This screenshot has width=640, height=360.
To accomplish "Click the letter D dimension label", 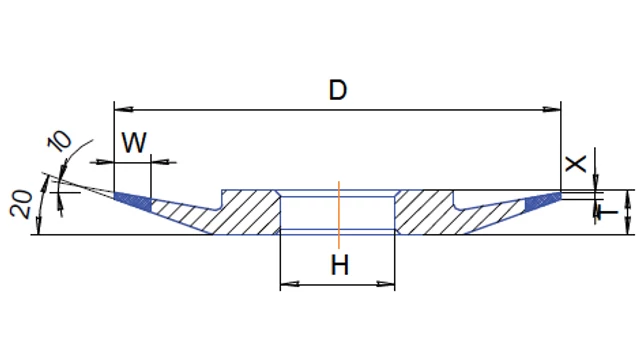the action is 338,90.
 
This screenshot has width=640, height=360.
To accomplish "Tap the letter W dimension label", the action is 134,142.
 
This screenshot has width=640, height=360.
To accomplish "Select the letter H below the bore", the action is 340,265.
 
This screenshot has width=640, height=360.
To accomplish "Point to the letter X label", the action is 576,163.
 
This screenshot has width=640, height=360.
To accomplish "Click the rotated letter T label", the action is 607,212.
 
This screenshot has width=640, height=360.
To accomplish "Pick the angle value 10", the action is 60,141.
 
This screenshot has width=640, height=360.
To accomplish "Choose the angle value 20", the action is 22,204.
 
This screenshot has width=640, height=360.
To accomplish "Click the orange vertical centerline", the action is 339,215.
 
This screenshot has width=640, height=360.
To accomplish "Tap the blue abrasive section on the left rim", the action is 133,201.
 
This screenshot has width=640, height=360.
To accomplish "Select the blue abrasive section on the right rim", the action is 543,202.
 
